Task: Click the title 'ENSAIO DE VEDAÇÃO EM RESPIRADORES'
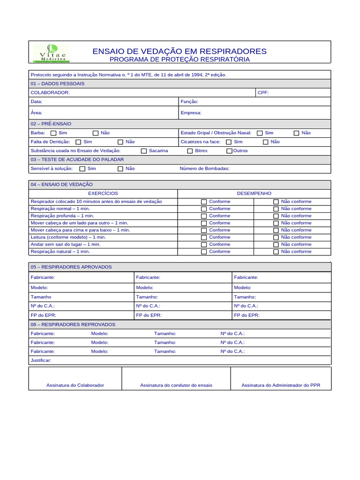(180, 51)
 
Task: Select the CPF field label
(263, 93)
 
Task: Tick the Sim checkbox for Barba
(53, 133)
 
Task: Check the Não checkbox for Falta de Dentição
(120, 142)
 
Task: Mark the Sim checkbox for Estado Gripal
(260, 133)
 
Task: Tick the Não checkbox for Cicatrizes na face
(266, 142)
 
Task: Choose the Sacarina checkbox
(144, 151)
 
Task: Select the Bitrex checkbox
(190, 151)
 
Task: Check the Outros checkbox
(229, 151)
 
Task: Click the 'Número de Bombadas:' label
(204, 169)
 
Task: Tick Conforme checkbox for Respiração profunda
(204, 216)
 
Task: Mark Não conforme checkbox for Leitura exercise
(276, 238)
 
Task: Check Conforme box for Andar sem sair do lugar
(204, 245)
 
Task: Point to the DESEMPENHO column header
(254, 194)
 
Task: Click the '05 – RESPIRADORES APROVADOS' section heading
(71, 267)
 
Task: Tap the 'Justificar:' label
(41, 360)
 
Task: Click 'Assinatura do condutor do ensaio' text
(176, 385)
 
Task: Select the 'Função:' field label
(189, 102)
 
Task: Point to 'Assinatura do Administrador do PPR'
(281, 385)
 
